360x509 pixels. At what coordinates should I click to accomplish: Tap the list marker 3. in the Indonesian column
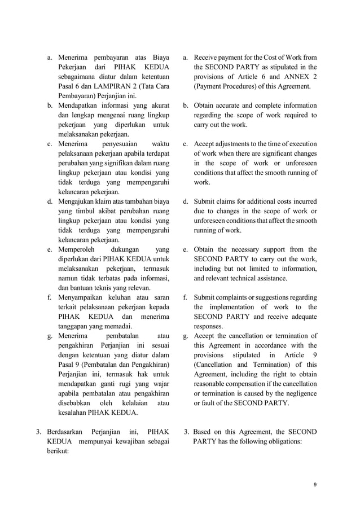(x=40, y=432)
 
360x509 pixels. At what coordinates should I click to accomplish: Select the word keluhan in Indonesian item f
(x=128, y=297)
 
